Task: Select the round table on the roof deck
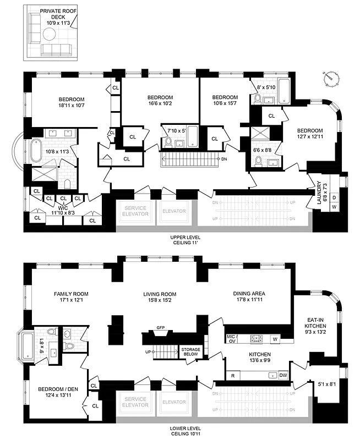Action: pyautogui.click(x=49, y=35)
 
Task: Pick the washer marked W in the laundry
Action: pyautogui.click(x=334, y=208)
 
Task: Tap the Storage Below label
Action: pyautogui.click(x=191, y=351)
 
